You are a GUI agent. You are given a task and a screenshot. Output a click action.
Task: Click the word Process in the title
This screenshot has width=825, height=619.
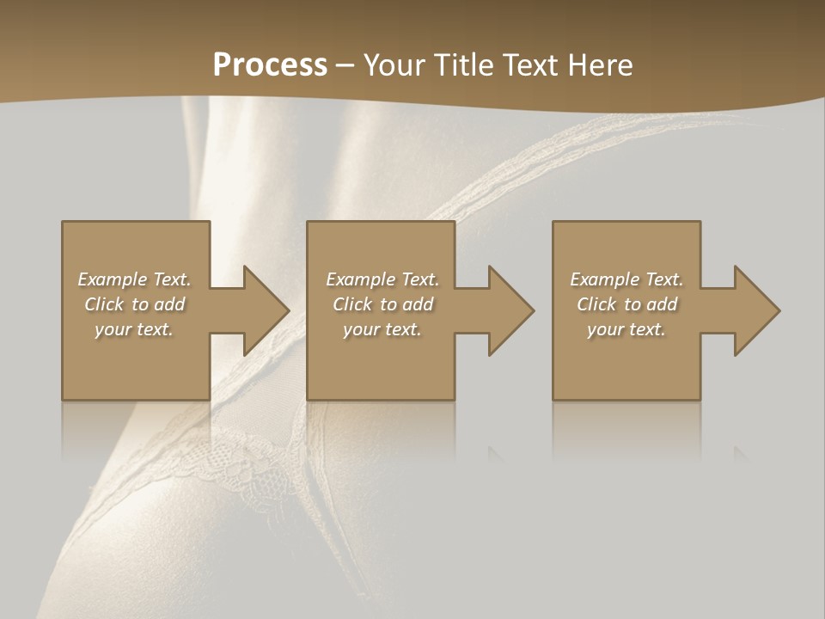(270, 65)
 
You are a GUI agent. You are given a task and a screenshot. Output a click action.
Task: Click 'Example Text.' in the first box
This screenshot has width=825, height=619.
(134, 279)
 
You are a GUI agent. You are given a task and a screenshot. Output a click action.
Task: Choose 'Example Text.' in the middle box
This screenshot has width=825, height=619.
(382, 279)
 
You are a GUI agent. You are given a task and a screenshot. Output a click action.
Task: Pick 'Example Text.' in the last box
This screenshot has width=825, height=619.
(626, 279)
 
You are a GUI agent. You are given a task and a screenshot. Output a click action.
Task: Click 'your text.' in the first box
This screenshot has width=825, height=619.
(134, 329)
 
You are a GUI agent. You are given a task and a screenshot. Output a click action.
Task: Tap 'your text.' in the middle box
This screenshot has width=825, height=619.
(382, 329)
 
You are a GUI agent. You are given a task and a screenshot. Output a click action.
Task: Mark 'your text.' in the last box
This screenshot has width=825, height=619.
(626, 329)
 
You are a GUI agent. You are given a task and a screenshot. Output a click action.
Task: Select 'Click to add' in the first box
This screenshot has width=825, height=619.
(134, 304)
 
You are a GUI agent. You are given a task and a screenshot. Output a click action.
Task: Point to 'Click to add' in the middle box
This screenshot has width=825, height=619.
(382, 304)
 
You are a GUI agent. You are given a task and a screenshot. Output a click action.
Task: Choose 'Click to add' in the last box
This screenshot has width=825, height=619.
(626, 304)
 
